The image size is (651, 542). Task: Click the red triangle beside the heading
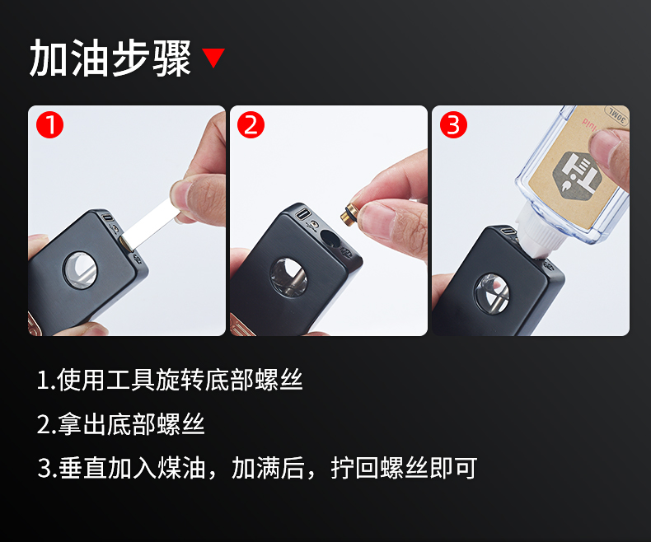[x=213, y=57]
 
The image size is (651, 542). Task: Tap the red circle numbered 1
[x=49, y=124]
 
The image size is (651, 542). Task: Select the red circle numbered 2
[x=251, y=124]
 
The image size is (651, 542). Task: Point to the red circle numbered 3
[x=453, y=124]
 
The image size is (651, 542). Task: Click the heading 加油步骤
[x=110, y=58]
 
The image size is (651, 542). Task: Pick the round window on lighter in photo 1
[x=80, y=269]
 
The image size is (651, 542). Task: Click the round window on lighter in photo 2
[x=289, y=277]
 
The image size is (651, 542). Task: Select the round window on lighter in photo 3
[x=493, y=293]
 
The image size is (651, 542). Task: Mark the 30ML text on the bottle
[x=617, y=116]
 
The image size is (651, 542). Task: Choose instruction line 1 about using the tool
[x=171, y=380]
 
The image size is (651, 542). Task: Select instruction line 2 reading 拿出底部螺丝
[x=121, y=424]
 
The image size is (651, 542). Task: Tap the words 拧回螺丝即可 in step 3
[x=404, y=468]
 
